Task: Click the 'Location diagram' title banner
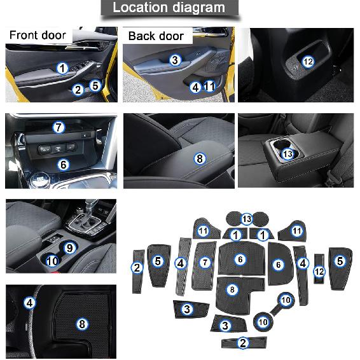(169, 8)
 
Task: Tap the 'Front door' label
(37, 35)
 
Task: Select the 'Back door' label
(156, 36)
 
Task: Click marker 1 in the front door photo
(62, 68)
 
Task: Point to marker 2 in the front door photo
(78, 90)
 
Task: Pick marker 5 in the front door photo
(95, 85)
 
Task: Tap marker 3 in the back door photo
(175, 60)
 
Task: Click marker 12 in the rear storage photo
(308, 62)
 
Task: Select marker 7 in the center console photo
(59, 127)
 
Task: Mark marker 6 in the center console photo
(63, 164)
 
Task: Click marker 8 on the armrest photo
(200, 158)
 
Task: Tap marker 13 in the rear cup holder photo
(287, 154)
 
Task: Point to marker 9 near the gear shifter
(69, 247)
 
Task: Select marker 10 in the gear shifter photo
(52, 260)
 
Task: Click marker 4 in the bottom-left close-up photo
(29, 303)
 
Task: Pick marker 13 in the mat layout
(247, 219)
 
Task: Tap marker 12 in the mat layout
(319, 271)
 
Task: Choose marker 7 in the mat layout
(204, 262)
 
